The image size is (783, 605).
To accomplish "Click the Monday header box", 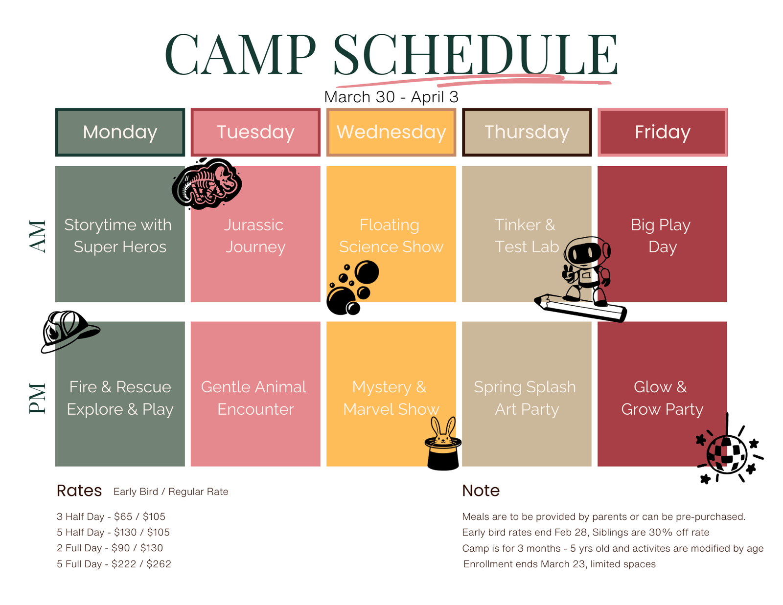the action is click(x=120, y=132).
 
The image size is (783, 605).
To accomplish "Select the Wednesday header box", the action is click(x=391, y=132).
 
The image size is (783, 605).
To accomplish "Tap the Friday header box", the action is click(x=662, y=132).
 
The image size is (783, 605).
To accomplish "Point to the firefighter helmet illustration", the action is click(x=69, y=331).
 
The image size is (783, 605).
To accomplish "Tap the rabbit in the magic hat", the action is click(x=443, y=444).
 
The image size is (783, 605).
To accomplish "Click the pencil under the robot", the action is click(x=580, y=308).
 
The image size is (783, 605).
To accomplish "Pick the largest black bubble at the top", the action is click(x=367, y=272).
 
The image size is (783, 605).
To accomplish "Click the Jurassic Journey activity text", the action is click(x=255, y=236).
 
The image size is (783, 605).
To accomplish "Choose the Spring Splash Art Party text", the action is click(x=525, y=398).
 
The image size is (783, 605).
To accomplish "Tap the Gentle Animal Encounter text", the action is click(x=254, y=398).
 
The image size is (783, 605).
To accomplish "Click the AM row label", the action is click(x=38, y=236).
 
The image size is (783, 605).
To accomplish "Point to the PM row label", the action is click(x=38, y=398).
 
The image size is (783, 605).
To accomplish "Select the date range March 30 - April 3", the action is click(x=391, y=97).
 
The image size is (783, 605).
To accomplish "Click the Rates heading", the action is click(x=79, y=491).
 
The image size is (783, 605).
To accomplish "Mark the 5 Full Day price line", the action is click(x=114, y=564).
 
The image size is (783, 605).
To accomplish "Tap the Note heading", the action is click(x=481, y=491).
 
